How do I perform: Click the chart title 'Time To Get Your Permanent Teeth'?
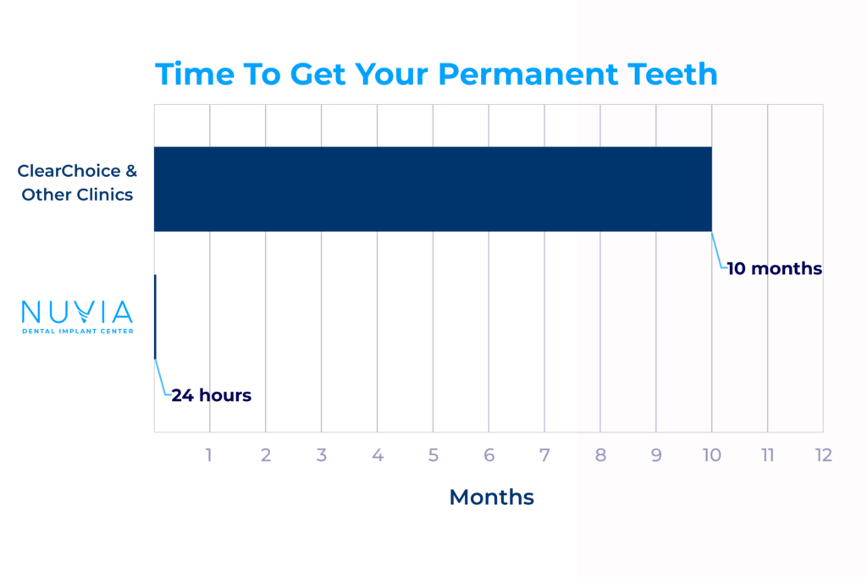tap(436, 74)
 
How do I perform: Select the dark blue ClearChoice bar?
tap(433, 189)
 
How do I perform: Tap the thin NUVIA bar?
tap(156, 316)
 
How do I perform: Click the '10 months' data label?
tap(774, 268)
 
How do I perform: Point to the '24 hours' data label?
tap(211, 395)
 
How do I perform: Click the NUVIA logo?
tap(77, 317)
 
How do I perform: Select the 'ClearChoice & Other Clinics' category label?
tap(77, 183)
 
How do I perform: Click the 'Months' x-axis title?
tap(492, 497)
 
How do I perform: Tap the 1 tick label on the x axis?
tap(208, 455)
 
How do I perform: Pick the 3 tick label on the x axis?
tap(321, 455)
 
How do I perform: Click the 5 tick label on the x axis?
tap(433, 455)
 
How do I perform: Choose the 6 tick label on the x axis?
tap(489, 455)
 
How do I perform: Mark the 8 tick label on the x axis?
tap(600, 455)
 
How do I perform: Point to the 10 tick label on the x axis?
tap(711, 455)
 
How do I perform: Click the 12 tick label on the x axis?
tap(823, 455)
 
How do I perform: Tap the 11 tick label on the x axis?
tap(767, 455)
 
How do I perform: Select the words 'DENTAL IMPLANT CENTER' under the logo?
tap(77, 331)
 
